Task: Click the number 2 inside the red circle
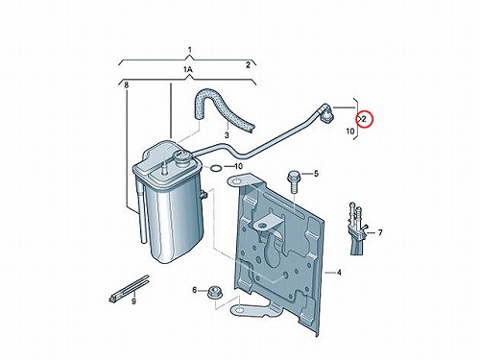tap(365, 119)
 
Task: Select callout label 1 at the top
tap(190, 50)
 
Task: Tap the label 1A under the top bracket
tap(187, 69)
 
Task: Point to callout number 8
tap(127, 85)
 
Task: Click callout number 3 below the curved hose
tap(227, 135)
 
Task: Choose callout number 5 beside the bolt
tap(316, 174)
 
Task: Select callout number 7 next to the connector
tap(380, 232)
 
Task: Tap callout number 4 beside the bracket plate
tap(339, 273)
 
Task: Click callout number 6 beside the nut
tap(195, 290)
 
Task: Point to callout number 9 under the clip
tap(133, 301)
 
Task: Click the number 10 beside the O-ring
tap(239, 166)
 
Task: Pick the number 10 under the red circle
tap(350, 131)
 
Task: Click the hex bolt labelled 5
tap(294, 181)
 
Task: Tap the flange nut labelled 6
tap(213, 292)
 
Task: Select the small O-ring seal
tap(216, 168)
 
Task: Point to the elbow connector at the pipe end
tap(327, 112)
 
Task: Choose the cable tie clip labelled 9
tap(130, 289)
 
